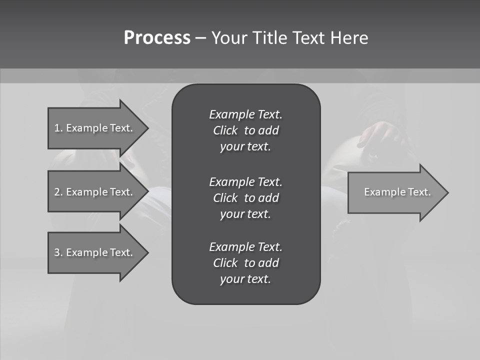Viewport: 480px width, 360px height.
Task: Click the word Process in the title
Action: (x=157, y=38)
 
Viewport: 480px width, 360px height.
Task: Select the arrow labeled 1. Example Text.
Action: (x=95, y=128)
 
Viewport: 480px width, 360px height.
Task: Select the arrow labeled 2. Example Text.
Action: (x=95, y=192)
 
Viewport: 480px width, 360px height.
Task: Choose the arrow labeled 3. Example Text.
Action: (x=95, y=252)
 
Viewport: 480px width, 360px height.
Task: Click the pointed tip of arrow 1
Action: (x=146, y=128)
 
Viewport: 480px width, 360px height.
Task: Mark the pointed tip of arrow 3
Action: (x=146, y=252)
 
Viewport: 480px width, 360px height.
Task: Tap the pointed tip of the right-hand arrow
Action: (x=446, y=192)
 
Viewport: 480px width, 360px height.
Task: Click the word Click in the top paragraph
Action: (x=225, y=131)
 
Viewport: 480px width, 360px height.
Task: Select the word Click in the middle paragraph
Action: (x=225, y=198)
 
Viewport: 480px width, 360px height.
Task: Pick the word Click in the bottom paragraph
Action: (x=225, y=263)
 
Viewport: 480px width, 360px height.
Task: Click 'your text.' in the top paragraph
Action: (x=245, y=147)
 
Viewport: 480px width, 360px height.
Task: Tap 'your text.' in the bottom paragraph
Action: (x=245, y=279)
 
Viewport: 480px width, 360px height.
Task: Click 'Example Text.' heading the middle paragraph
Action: (x=245, y=181)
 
